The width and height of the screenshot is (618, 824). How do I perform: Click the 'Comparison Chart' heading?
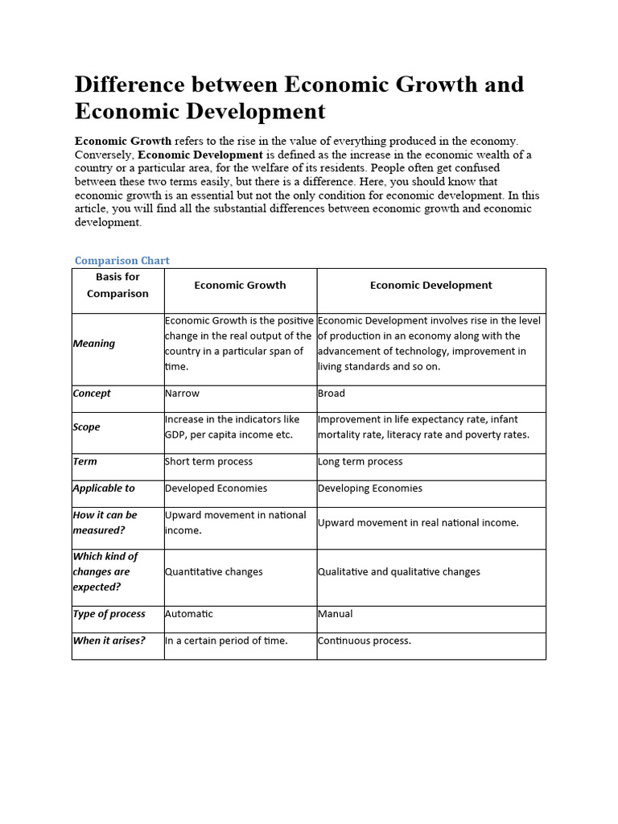[122, 261]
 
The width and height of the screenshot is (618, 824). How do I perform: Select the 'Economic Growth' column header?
[240, 285]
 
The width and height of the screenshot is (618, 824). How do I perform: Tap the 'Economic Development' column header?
[431, 285]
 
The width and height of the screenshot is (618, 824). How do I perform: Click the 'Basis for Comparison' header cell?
[117, 285]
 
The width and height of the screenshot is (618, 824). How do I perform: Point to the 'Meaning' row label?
[94, 344]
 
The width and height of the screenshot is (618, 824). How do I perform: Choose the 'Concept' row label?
[92, 393]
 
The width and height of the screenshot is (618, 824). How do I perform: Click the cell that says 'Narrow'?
[182, 393]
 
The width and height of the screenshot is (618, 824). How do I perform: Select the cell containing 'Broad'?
[332, 393]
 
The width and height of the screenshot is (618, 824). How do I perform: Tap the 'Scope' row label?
[87, 427]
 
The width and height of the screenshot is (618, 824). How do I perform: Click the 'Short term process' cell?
[208, 462]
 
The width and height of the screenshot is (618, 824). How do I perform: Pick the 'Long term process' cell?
[360, 462]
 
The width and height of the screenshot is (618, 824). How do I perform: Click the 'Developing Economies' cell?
[370, 488]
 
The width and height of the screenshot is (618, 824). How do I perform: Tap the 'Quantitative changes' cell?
[213, 572]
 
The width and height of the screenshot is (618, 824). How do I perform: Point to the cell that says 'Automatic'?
[189, 614]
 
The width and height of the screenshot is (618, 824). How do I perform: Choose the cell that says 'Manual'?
[336, 614]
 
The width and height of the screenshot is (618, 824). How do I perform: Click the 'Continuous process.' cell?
[365, 641]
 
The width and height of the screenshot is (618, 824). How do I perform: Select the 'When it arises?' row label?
[109, 641]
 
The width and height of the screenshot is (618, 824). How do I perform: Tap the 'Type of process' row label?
[109, 614]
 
